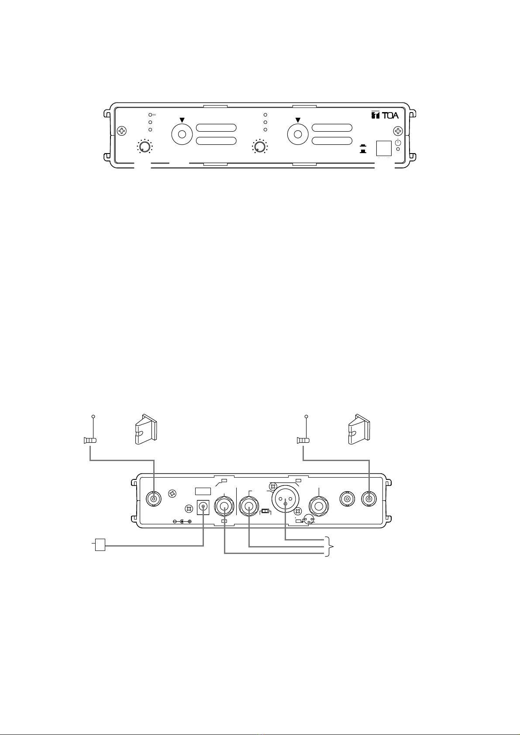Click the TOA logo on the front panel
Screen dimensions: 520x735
pos(385,115)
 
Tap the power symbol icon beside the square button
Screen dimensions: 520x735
pos(398,142)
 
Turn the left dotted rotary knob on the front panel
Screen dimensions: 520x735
pos(144,146)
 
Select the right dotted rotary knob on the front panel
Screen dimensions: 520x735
pos(259,146)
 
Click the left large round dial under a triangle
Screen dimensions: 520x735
pos(182,134)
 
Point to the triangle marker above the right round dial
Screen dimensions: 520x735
pos(298,120)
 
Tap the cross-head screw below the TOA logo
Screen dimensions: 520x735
pos(398,131)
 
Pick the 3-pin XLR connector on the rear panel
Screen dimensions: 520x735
pos(285,499)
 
